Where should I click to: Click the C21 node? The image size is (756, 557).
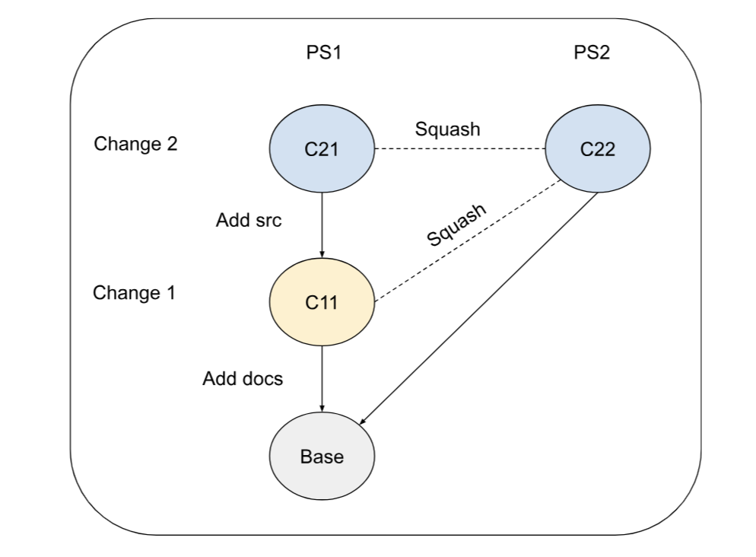coord(322,150)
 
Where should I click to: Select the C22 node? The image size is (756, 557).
coord(597,150)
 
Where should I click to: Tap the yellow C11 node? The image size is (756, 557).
coord(322,302)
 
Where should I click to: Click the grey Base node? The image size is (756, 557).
coord(322,457)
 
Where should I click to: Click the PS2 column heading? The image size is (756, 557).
coord(592,53)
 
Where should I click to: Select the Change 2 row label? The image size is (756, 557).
coord(135,144)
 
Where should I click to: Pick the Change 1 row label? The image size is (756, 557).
coord(134,292)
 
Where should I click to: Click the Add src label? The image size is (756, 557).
coord(249,221)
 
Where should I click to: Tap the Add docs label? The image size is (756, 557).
coord(243,378)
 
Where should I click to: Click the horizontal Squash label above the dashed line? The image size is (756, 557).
coord(447,129)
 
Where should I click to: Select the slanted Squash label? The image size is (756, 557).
coord(456,225)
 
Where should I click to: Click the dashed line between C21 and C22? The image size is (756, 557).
coord(459,149)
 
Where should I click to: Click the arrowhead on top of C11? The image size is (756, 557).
coord(322,254)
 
